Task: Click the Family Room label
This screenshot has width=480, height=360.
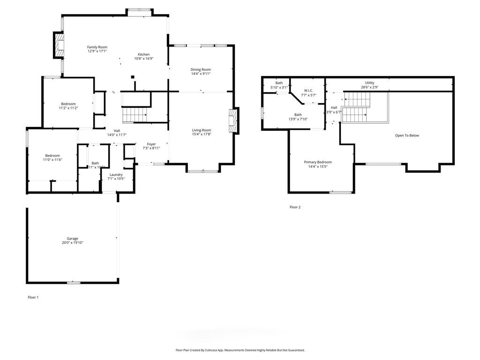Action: click(x=97, y=47)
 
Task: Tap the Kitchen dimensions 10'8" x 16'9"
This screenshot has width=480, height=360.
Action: click(x=143, y=59)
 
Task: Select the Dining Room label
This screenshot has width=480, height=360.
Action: click(x=201, y=69)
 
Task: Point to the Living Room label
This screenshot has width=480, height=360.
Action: click(x=202, y=130)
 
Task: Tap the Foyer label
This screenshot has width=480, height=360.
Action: click(x=151, y=144)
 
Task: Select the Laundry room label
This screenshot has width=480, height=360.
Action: click(x=116, y=174)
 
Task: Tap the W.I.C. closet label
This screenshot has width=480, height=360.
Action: click(x=308, y=90)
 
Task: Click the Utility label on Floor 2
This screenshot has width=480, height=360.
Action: click(x=370, y=83)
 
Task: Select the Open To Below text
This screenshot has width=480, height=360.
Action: click(x=407, y=135)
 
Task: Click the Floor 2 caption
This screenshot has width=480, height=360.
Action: click(x=295, y=207)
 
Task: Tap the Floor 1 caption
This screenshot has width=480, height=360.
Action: click(x=33, y=297)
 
